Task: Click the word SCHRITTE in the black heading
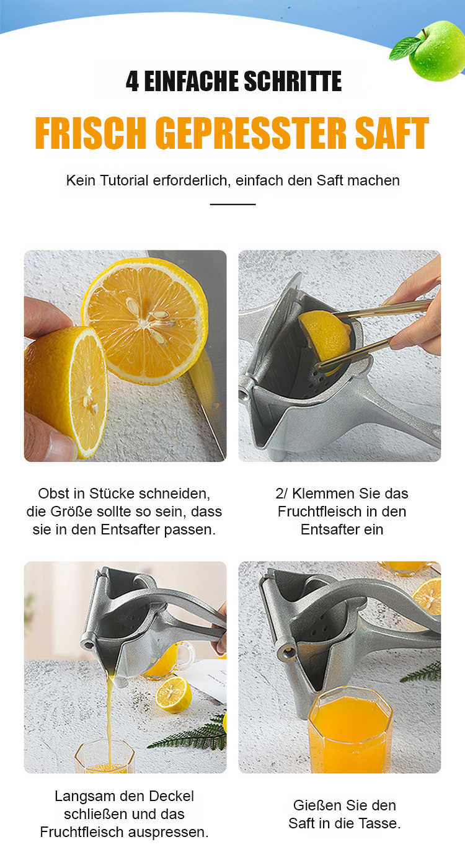pyautogui.click(x=293, y=81)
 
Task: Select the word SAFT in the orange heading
pyautogui.click(x=392, y=133)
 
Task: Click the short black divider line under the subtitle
pyautogui.click(x=232, y=205)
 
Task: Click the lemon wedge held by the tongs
pyautogui.click(x=324, y=336)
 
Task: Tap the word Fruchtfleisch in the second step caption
pyautogui.click(x=319, y=512)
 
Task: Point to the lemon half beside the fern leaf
pyautogui.click(x=174, y=694)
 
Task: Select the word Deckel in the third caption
pyautogui.click(x=171, y=796)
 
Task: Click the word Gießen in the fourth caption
pyautogui.click(x=316, y=805)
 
